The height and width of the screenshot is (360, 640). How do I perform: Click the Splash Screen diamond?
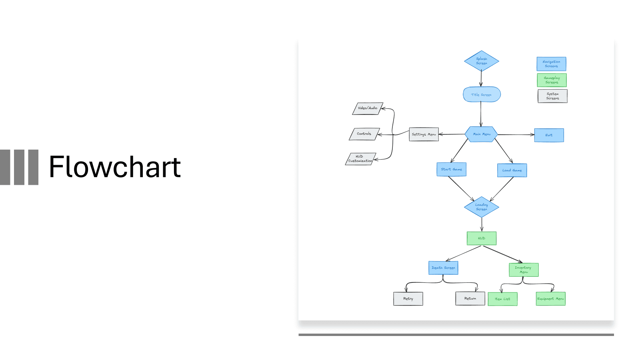(x=481, y=61)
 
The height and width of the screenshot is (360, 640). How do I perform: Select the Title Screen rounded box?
(x=482, y=94)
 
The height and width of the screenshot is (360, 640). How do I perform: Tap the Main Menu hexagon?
(x=481, y=134)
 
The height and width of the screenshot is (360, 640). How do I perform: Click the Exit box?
(x=549, y=135)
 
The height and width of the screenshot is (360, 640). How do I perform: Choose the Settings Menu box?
(x=424, y=134)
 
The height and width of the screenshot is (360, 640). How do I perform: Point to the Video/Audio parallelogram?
(x=368, y=108)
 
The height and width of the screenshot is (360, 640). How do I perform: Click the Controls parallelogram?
(x=364, y=134)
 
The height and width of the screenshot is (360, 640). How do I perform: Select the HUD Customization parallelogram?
(x=360, y=159)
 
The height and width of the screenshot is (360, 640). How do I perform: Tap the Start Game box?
(x=451, y=169)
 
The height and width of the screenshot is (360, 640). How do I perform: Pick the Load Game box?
(x=512, y=170)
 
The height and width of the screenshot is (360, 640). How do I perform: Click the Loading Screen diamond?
(x=481, y=207)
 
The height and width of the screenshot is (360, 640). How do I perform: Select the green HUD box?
(x=482, y=238)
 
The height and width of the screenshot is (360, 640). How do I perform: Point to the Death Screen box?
(x=443, y=268)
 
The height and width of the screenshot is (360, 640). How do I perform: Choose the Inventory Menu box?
(x=524, y=270)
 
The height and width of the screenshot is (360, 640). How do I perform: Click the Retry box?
(x=408, y=299)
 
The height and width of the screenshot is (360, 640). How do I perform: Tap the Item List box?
(x=502, y=299)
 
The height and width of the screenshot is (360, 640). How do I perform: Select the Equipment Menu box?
(x=550, y=299)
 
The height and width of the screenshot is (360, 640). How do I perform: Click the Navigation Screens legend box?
(x=551, y=64)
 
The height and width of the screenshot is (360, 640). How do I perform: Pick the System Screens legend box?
(x=552, y=96)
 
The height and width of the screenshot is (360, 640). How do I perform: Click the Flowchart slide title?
(x=115, y=167)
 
